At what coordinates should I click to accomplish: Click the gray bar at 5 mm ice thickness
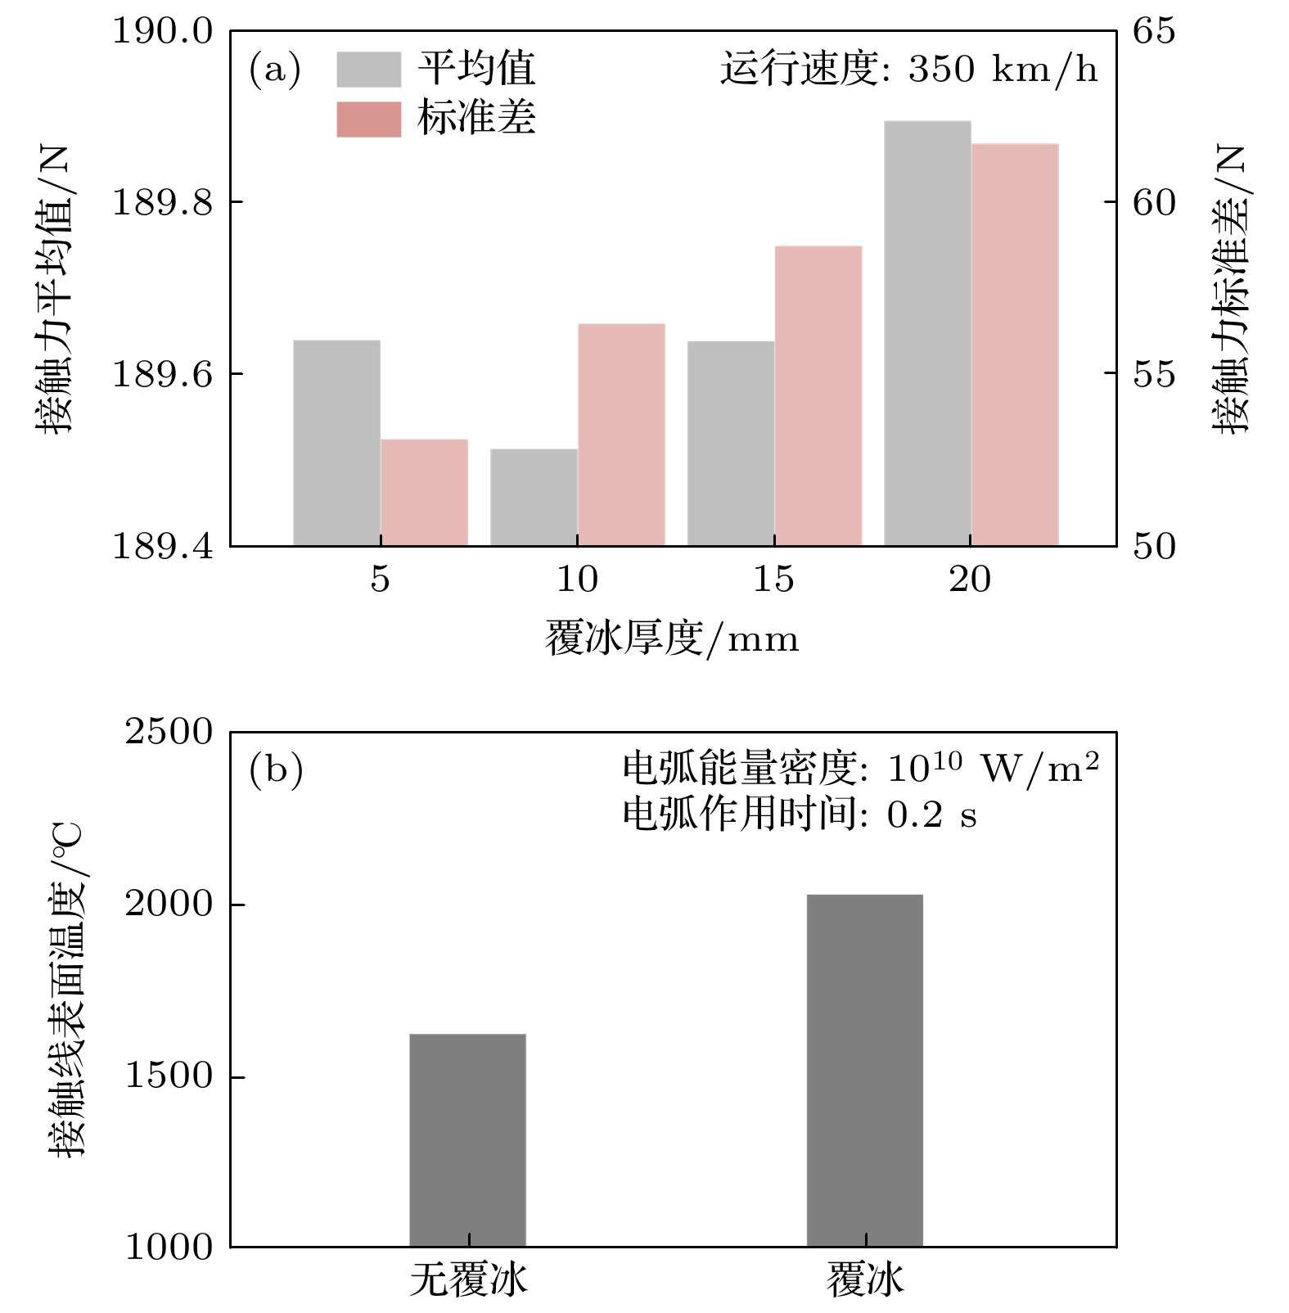(x=336, y=443)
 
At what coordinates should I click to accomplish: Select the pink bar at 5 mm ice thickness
(x=424, y=493)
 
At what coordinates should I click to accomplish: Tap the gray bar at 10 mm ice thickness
(x=534, y=497)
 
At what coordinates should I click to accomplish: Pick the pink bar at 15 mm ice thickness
(x=818, y=395)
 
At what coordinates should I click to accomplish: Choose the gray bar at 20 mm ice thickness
(x=927, y=333)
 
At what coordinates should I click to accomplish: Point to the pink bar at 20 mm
(x=1015, y=345)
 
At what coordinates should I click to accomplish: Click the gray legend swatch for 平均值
(x=369, y=69)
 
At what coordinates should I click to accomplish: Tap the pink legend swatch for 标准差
(x=369, y=120)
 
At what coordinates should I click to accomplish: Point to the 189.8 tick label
(x=161, y=202)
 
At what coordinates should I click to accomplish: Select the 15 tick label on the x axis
(x=773, y=580)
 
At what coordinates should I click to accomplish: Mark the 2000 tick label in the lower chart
(x=168, y=904)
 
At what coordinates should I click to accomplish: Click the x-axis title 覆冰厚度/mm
(x=672, y=638)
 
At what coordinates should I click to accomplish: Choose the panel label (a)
(x=275, y=70)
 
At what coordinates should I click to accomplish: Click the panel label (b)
(x=276, y=770)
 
